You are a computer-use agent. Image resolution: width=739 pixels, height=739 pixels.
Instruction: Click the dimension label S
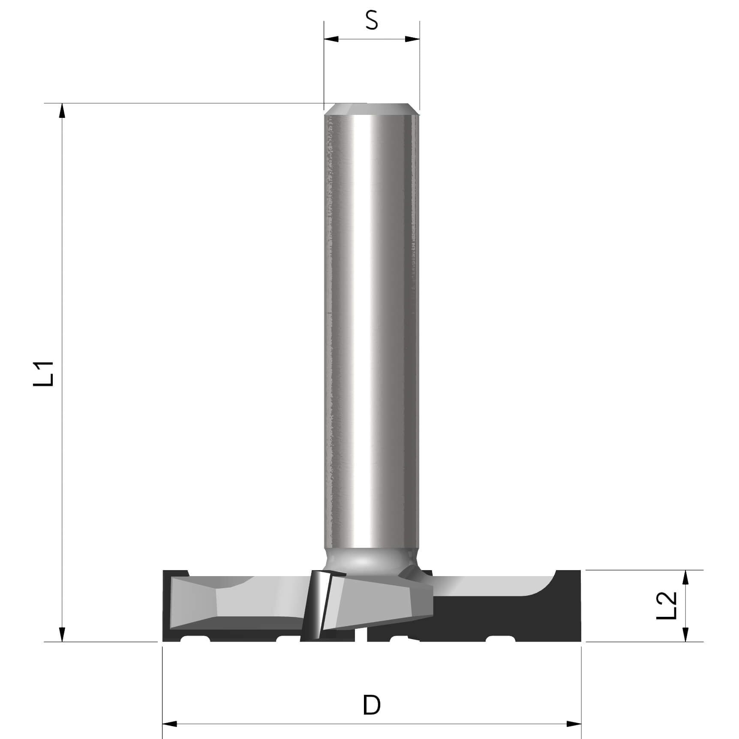(x=372, y=20)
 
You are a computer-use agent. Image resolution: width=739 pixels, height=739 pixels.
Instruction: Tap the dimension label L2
(x=667, y=605)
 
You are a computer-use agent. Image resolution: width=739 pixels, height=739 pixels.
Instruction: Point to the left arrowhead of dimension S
(x=331, y=39)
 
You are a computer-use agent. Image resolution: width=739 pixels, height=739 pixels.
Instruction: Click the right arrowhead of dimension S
(x=412, y=39)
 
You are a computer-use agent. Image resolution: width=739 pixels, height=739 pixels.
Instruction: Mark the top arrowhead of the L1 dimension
(x=62, y=111)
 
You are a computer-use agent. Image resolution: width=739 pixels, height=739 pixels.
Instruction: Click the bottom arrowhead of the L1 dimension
(x=62, y=634)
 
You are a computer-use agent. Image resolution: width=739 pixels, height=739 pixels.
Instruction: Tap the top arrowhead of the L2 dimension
(x=685, y=577)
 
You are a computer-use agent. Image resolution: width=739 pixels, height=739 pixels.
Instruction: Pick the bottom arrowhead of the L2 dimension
(x=685, y=634)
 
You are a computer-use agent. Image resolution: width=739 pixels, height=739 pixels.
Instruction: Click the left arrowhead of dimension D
(x=170, y=724)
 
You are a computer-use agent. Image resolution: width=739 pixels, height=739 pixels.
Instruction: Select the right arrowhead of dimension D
(x=574, y=724)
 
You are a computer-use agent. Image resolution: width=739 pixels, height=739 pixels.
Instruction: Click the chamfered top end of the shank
(x=371, y=109)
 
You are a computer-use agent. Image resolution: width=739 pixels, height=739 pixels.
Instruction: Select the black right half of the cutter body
(x=506, y=617)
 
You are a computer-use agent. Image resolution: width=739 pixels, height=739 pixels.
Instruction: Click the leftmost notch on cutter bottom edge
(x=195, y=639)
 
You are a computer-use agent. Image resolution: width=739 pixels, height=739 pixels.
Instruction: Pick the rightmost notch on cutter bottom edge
(x=500, y=639)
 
